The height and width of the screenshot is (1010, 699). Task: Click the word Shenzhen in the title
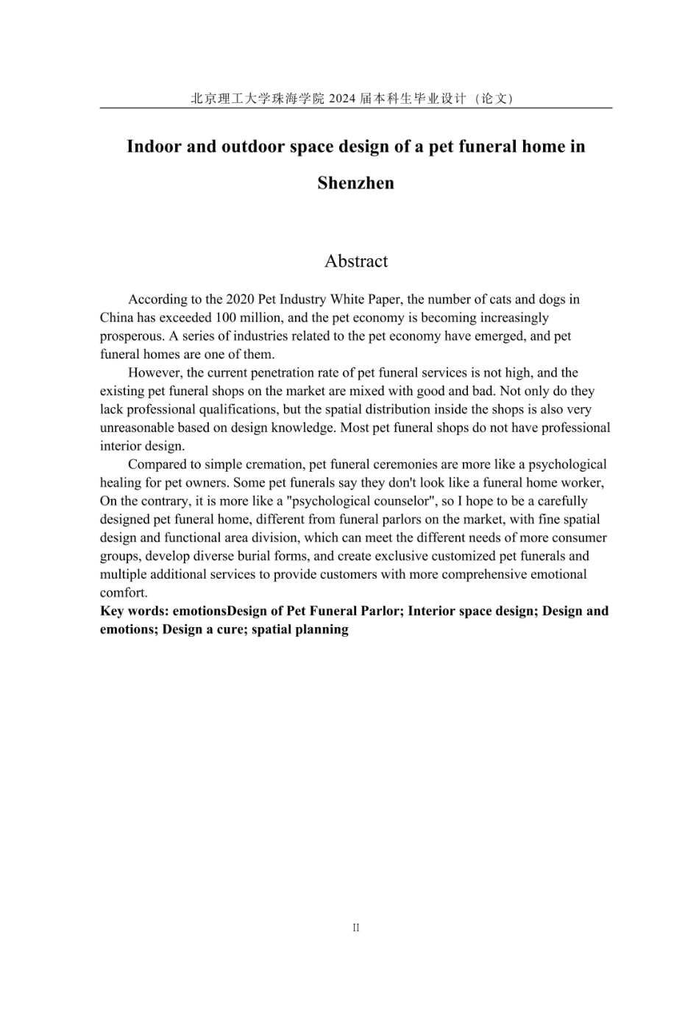(355, 183)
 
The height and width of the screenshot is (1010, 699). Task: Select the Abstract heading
(356, 261)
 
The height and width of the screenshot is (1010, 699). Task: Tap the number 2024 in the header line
(342, 99)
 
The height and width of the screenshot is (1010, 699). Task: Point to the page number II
(356, 928)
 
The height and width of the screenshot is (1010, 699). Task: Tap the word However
(155, 373)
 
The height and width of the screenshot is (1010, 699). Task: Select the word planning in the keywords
(323, 629)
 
